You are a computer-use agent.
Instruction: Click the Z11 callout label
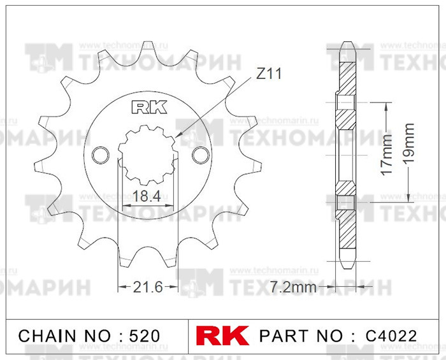pos(268,75)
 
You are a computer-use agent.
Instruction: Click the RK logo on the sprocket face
pos(149,106)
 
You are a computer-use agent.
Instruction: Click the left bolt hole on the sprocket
pos(99,155)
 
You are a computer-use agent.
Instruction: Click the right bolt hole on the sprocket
pos(199,155)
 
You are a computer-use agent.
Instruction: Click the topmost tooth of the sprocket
pos(148,48)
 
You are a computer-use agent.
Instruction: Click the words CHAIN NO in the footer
pos(58,335)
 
